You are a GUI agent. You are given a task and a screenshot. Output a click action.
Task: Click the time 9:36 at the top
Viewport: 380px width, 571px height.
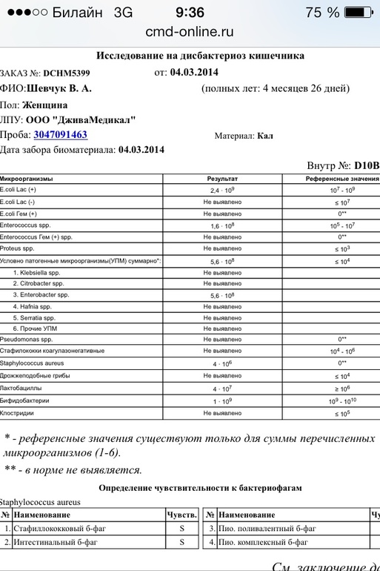(x=190, y=13)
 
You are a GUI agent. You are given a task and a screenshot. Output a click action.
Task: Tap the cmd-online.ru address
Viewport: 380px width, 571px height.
(x=190, y=31)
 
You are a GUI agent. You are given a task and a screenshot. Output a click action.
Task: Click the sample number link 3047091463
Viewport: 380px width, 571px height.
(x=60, y=135)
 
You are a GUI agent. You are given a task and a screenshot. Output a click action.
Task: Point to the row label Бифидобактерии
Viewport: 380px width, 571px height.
(x=25, y=400)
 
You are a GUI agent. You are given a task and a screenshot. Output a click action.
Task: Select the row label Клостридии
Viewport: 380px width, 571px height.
(x=19, y=412)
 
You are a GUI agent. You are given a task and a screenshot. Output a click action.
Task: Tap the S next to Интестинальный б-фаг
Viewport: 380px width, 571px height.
(x=182, y=542)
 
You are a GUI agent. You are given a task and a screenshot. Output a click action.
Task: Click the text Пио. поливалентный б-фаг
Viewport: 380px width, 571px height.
(x=267, y=529)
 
